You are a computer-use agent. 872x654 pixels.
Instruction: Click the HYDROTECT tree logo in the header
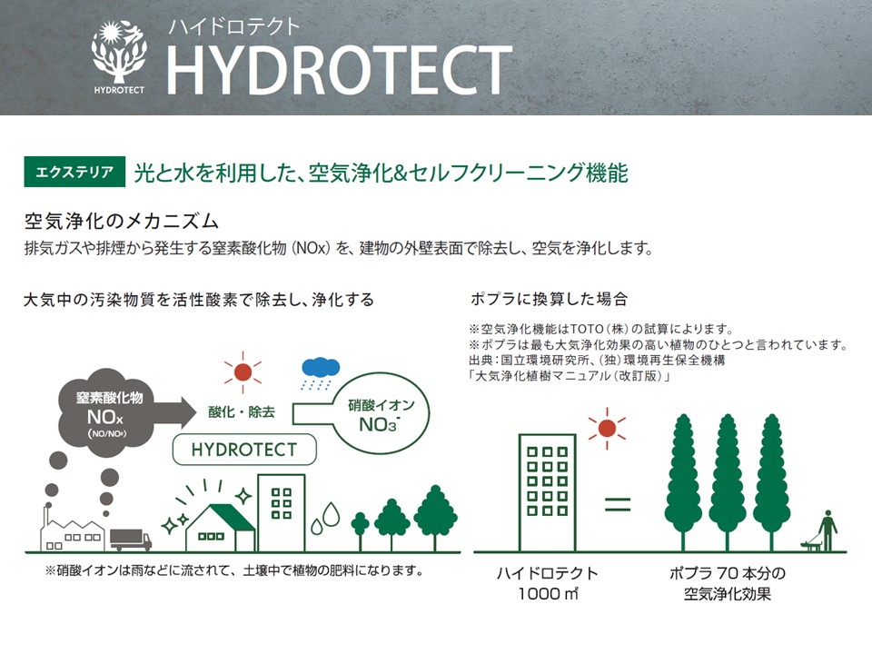[x=119, y=56]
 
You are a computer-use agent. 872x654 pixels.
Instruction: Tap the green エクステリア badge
[x=74, y=172]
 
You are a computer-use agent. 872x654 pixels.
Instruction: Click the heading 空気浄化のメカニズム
[x=121, y=222]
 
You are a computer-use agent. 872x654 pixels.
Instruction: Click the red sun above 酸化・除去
[x=243, y=372]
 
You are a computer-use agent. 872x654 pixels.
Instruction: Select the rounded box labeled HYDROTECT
[x=244, y=450]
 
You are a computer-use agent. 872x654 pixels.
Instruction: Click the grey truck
[x=131, y=540]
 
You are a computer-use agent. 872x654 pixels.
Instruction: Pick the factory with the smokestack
[x=72, y=528]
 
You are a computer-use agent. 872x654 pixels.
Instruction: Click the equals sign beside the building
[x=618, y=504]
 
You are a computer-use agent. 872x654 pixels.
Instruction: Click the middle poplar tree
[x=728, y=482]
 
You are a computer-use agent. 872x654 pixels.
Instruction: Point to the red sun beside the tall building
[x=607, y=428]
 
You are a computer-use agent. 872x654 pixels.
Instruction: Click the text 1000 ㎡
[x=549, y=594]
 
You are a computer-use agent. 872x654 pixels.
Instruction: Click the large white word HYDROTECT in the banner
[x=339, y=70]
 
